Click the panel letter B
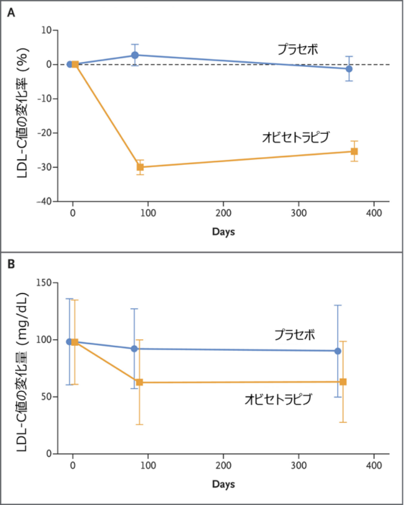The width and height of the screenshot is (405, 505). [x=10, y=264]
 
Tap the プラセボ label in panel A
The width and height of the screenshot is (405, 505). [x=298, y=49]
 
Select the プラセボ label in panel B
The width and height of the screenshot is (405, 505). [x=294, y=334]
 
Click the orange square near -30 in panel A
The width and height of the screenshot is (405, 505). [x=140, y=167]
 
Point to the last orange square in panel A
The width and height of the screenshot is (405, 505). [x=354, y=151]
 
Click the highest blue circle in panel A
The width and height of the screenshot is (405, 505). [x=134, y=56]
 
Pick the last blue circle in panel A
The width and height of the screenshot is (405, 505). [x=349, y=69]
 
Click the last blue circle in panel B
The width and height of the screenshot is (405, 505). [x=337, y=351]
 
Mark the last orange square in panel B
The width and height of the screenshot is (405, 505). [x=343, y=381]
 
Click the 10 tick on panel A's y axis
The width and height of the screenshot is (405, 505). [x=45, y=30]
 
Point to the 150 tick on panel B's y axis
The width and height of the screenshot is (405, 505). [x=44, y=282]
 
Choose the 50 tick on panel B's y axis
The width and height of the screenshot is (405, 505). [x=46, y=396]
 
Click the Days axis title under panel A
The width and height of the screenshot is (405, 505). [x=223, y=232]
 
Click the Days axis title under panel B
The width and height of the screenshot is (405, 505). [x=223, y=484]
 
